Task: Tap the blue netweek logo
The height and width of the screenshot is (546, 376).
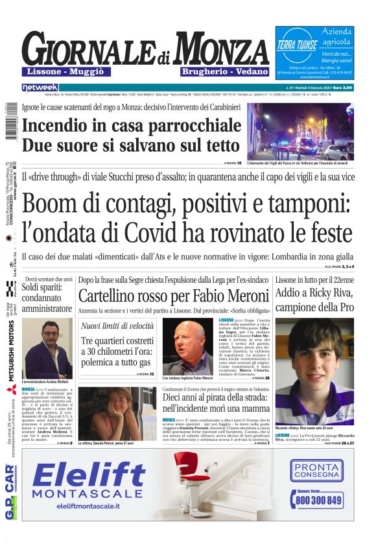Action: coord(40,87)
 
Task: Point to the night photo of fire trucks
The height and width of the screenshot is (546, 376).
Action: coord(300,132)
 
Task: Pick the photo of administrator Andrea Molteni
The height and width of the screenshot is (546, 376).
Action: coord(47,348)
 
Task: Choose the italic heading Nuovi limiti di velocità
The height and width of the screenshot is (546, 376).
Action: coord(117,326)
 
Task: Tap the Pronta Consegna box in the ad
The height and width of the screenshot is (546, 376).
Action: coord(316,469)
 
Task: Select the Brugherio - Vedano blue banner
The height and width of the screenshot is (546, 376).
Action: coord(217,71)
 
